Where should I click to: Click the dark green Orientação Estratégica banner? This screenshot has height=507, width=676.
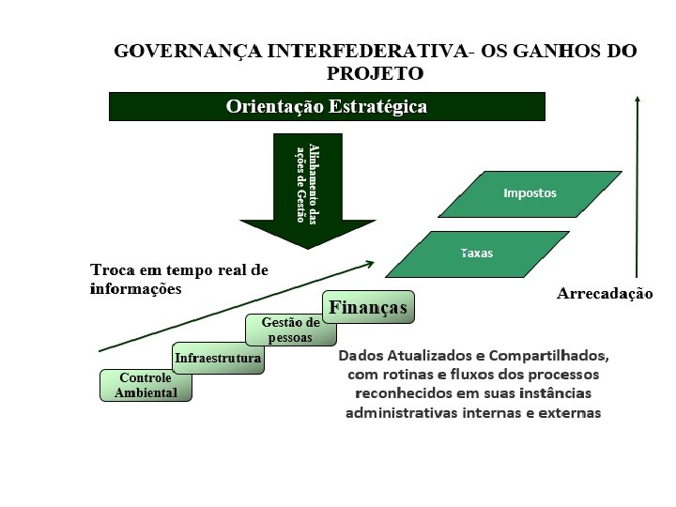pyautogui.click(x=327, y=106)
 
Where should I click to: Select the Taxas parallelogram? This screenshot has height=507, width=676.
pyautogui.click(x=477, y=253)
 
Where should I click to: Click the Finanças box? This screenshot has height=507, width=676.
pyautogui.click(x=368, y=308)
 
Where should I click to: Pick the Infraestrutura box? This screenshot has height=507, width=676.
pyautogui.click(x=218, y=358)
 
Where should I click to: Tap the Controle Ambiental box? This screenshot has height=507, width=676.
pyautogui.click(x=146, y=386)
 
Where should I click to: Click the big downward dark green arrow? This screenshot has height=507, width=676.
pyautogui.click(x=307, y=188)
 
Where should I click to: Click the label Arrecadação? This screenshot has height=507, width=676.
pyautogui.click(x=604, y=294)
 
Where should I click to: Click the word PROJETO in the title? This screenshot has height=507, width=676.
pyautogui.click(x=375, y=72)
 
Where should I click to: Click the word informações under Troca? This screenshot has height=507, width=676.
pyautogui.click(x=135, y=288)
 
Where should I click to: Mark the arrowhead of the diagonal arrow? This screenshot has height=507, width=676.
pyautogui.click(x=373, y=264)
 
